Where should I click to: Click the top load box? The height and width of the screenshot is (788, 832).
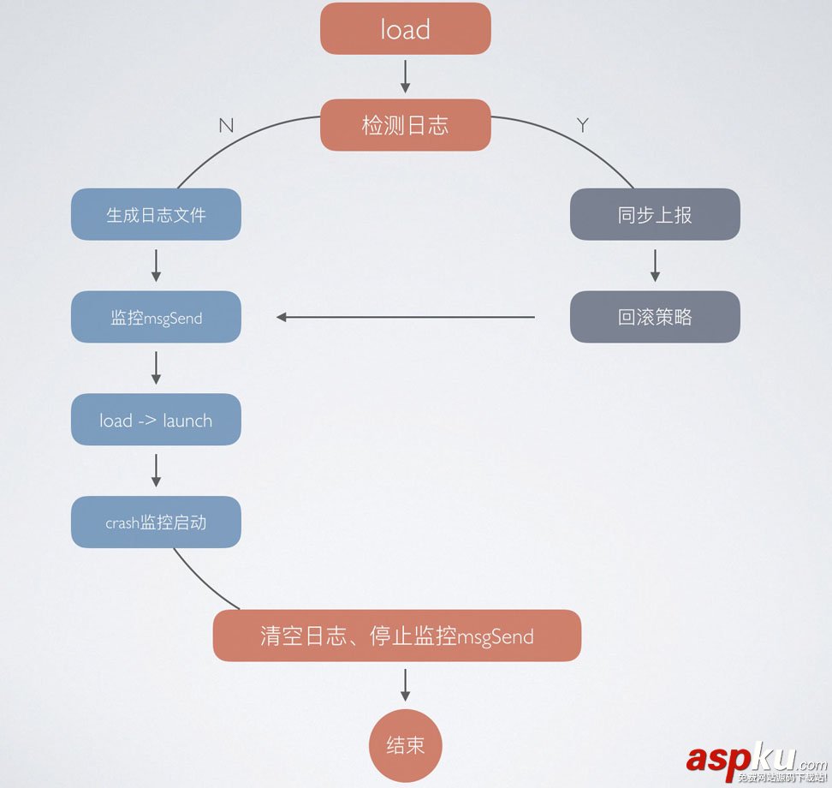(x=405, y=29)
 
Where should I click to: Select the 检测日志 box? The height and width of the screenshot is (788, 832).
(x=405, y=125)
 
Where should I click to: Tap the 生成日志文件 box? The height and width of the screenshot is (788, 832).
(x=156, y=214)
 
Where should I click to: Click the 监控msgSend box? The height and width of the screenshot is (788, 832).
(x=156, y=317)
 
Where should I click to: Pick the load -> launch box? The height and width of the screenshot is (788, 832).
(x=156, y=420)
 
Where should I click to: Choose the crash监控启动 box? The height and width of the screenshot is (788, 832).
(x=156, y=522)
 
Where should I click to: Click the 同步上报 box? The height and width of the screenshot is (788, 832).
(x=655, y=214)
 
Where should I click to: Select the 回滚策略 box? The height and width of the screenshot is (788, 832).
(x=655, y=317)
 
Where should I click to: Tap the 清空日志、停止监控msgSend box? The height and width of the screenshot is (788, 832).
(x=396, y=636)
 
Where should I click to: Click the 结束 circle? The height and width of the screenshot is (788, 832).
(x=405, y=745)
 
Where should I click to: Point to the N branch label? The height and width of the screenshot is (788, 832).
(x=226, y=126)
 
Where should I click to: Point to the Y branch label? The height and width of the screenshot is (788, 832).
(x=583, y=126)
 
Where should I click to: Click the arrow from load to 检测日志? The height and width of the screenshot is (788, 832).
(x=405, y=77)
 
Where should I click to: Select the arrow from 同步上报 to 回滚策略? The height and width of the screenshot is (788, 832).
(x=655, y=266)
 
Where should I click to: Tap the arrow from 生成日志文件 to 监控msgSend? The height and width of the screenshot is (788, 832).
(x=156, y=266)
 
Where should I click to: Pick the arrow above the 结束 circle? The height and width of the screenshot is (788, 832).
(x=405, y=684)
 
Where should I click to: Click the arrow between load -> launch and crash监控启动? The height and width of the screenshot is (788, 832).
(x=156, y=470)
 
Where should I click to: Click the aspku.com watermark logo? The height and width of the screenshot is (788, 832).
(x=753, y=761)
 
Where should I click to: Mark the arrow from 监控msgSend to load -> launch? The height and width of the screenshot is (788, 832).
(x=156, y=367)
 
